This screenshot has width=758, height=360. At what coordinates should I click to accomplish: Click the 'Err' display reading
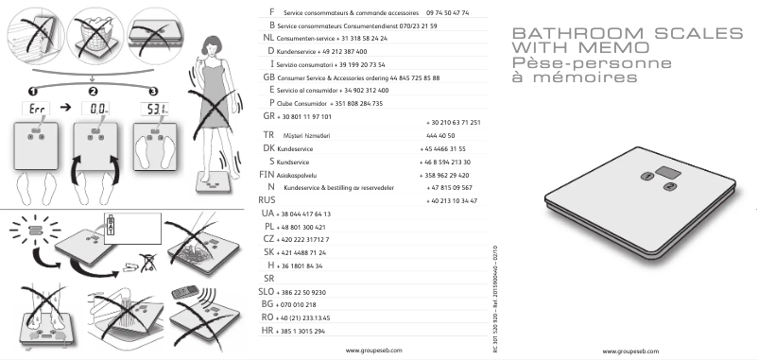coord(34,111)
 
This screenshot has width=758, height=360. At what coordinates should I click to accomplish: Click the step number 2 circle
coord(93,91)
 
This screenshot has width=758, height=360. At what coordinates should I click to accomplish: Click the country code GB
coord(268,76)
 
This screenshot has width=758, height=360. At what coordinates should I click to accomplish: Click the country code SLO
coord(267,293)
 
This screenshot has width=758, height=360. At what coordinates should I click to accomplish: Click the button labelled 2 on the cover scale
coord(668,187)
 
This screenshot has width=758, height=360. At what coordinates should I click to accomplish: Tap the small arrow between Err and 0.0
coord(64,111)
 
